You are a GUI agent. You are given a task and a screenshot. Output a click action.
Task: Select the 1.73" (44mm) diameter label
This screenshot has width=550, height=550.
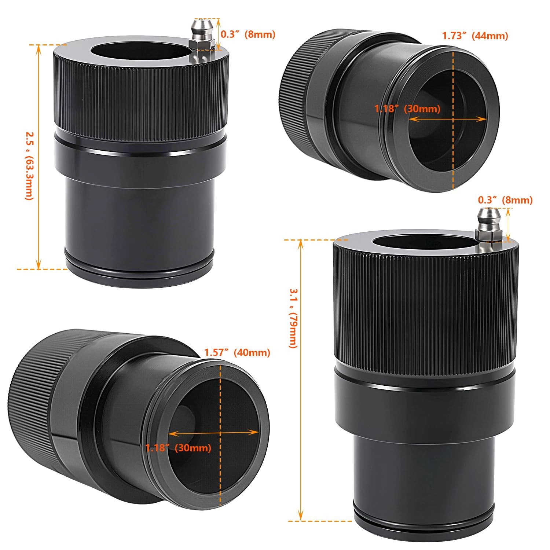point(475,36)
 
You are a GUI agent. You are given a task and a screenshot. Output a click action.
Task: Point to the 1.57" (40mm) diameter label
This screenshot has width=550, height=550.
point(237,352)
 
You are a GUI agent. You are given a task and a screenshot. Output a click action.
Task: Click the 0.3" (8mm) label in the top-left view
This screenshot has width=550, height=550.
point(248,34)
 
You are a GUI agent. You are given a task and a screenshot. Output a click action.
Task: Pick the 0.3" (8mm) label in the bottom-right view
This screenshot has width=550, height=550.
point(505,200)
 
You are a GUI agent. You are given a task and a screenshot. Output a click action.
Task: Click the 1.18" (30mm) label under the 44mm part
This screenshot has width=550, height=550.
point(407,109)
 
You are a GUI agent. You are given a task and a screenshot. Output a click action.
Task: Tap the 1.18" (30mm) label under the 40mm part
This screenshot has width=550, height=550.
point(178,448)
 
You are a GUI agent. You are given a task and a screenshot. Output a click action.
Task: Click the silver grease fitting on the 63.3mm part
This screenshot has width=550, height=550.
point(202,40)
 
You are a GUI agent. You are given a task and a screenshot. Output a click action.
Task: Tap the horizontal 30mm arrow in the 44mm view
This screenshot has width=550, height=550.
point(447,119)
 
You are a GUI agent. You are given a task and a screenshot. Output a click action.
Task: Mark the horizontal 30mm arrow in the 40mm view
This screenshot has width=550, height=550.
point(213,433)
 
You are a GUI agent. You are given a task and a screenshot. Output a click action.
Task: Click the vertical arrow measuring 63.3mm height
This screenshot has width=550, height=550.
point(38,157)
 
